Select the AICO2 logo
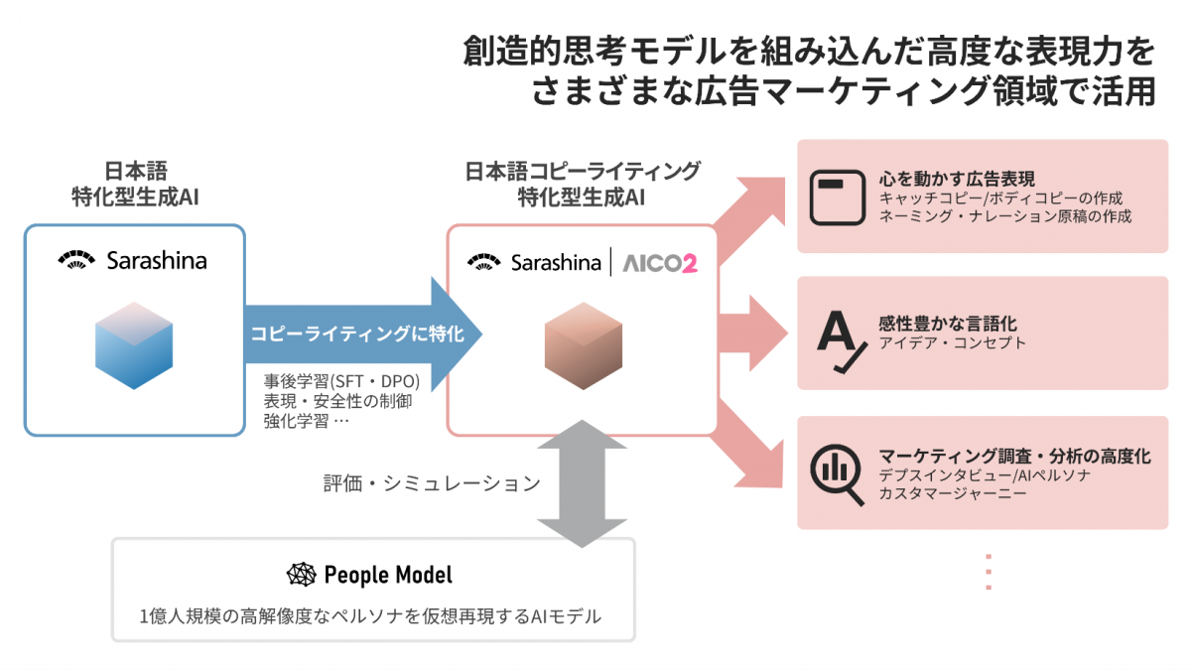pos(659,263)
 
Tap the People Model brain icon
pos(301,575)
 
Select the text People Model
pos(388,575)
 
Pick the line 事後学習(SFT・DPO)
pos(341,381)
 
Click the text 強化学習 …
pos(307,421)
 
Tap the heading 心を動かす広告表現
pos(957,179)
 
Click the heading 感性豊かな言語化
pos(948,324)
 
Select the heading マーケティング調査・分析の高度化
pos(1014,457)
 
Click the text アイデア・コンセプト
pos(952,343)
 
